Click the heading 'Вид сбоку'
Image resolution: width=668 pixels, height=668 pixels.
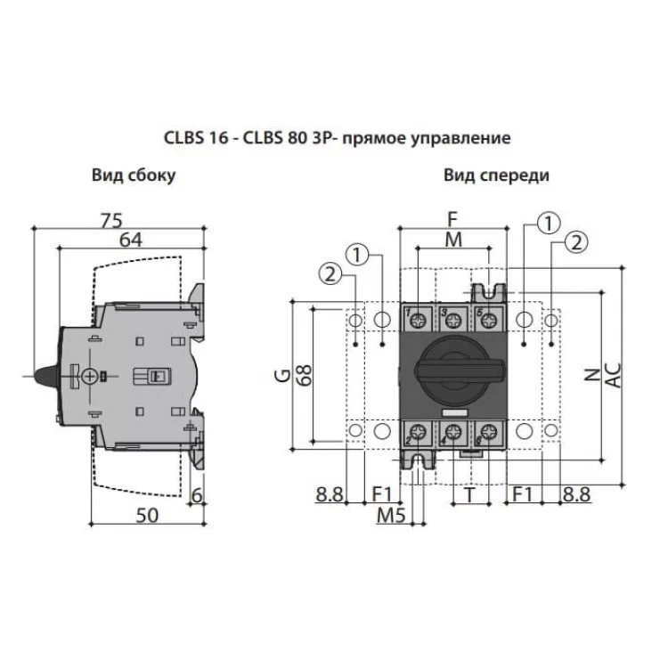(133, 175)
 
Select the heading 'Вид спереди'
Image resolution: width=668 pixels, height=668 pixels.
(496, 175)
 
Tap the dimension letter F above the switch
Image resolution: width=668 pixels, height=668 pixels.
(452, 217)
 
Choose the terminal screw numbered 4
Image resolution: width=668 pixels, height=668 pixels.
(452, 434)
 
